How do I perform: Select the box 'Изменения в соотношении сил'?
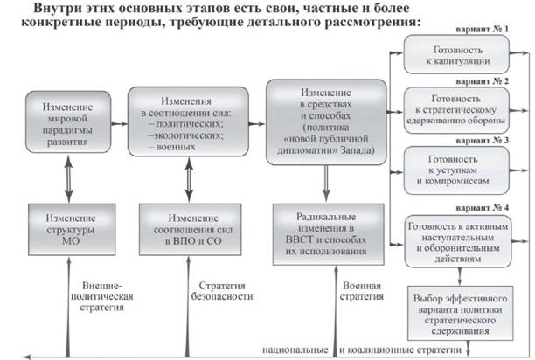click(x=184, y=118)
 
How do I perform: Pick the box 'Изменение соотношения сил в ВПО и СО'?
click(x=184, y=229)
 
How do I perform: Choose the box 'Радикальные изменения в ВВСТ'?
click(x=324, y=229)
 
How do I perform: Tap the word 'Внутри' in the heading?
click(x=54, y=9)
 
